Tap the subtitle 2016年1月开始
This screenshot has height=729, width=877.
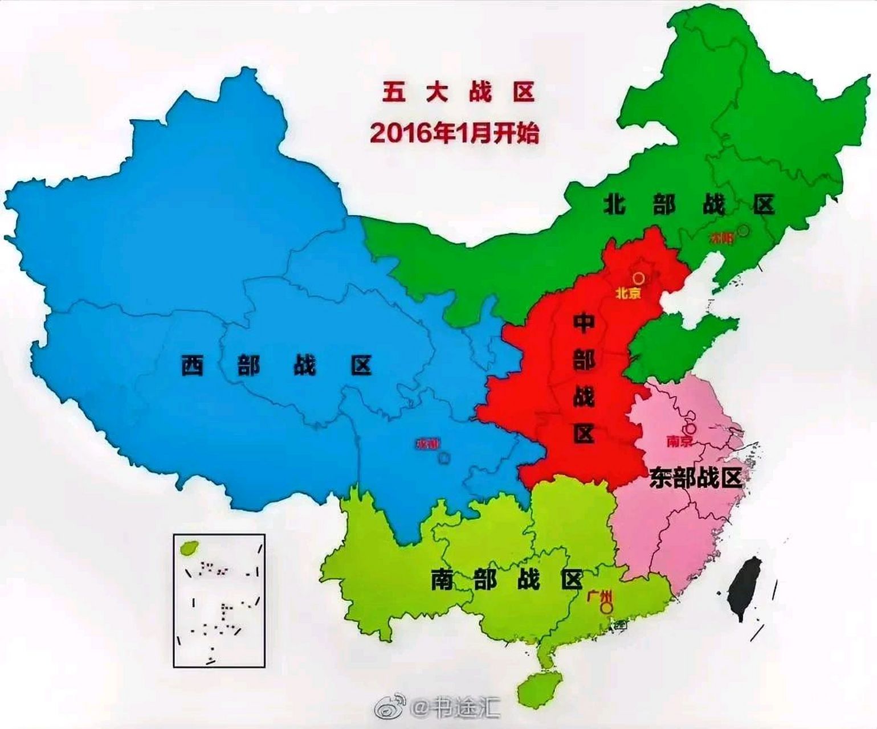[454, 133]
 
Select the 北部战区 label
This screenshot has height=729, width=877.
[689, 204]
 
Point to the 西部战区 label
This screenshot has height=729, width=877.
[276, 365]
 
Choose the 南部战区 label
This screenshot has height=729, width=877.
[507, 579]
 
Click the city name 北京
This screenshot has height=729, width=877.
[629, 293]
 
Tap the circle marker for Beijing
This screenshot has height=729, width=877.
[639, 278]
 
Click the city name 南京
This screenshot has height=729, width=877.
[679, 441]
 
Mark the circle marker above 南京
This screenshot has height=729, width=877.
[690, 428]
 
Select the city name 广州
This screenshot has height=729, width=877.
[600, 596]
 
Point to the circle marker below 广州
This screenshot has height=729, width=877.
[607, 608]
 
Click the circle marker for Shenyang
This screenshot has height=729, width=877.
[744, 231]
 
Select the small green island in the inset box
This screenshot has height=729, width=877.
[187, 547]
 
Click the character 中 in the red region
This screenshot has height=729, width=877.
[584, 324]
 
